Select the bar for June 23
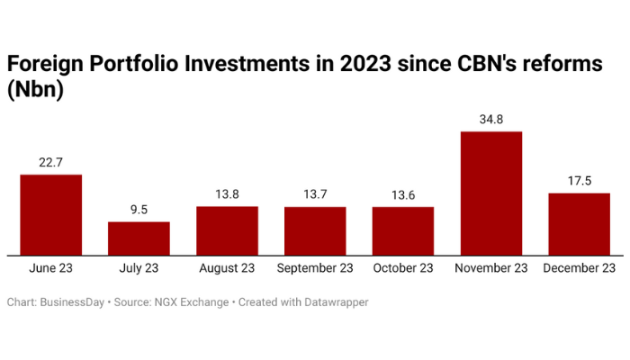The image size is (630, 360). (x=51, y=215)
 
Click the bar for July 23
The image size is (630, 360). (x=139, y=238)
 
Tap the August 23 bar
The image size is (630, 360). (x=227, y=231)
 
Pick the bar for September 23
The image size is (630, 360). (x=315, y=231)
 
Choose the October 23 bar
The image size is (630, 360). (x=402, y=231)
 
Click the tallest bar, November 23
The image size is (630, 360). (x=490, y=193)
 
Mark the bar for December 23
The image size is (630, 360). (x=579, y=224)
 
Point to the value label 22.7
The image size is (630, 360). (x=51, y=162)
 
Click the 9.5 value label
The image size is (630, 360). (x=139, y=209)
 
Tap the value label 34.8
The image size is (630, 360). (x=490, y=119)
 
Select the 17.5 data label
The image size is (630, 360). (x=579, y=180)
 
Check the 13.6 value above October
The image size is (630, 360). (x=402, y=194)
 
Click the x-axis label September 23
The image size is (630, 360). (x=315, y=268)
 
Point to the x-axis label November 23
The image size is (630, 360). (x=490, y=268)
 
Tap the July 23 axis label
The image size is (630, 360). (x=139, y=268)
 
